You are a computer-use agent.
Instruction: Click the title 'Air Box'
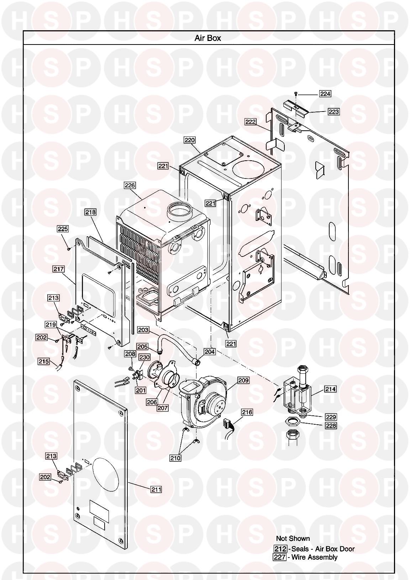point(208,38)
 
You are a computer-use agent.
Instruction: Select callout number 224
point(325,93)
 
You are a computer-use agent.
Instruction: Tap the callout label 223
point(334,112)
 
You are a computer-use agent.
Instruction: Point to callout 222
point(251,121)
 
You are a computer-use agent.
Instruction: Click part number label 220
point(190,140)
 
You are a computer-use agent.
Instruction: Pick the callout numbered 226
point(130,185)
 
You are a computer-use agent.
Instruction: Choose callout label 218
point(90,212)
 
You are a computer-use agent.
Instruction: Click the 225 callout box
point(63,229)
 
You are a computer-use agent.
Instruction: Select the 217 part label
point(58,269)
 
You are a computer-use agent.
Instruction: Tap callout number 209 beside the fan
point(243,380)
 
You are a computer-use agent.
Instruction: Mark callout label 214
point(330,389)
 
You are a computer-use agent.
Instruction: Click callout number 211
point(156,490)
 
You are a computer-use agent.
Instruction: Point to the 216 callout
point(247,412)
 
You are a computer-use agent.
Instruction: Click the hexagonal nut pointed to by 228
point(293,422)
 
